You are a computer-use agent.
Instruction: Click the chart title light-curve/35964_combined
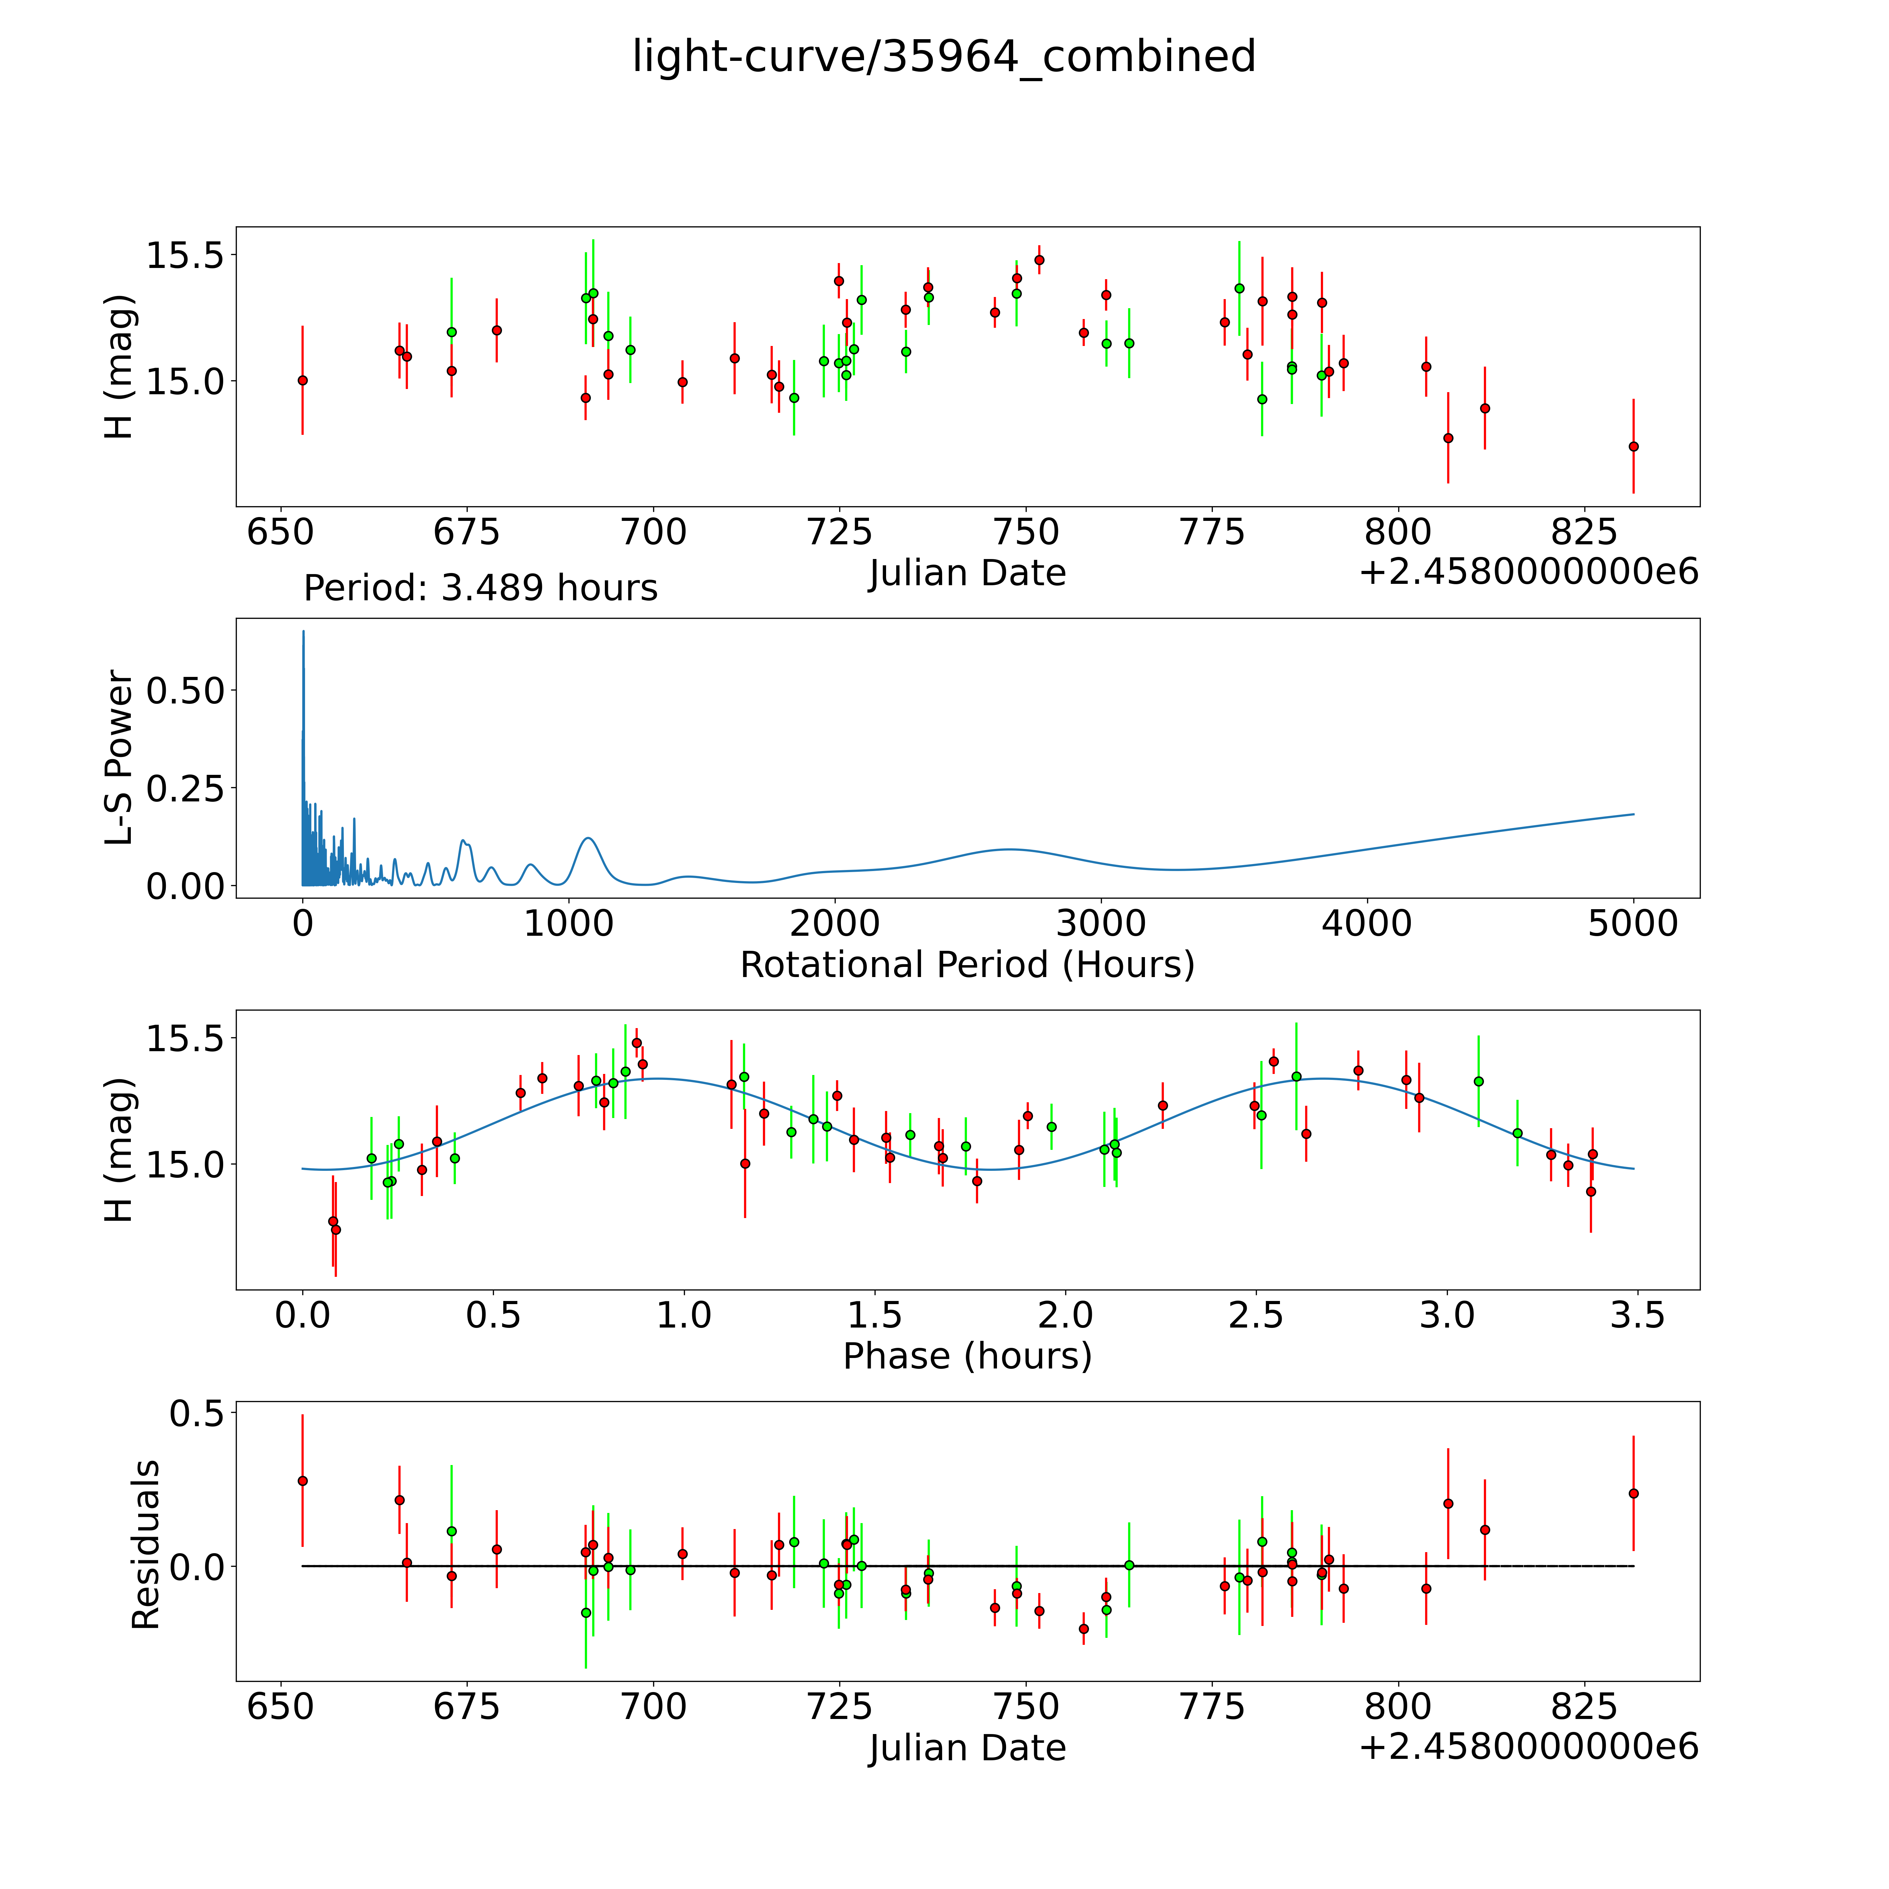(943, 57)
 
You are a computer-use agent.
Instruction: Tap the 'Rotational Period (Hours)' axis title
(967, 965)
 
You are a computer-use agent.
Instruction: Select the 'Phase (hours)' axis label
(967, 1356)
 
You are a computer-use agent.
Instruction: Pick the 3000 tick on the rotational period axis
(1101, 923)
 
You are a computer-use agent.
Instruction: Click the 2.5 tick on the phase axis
(1257, 1315)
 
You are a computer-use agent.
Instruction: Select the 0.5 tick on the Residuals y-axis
(196, 1414)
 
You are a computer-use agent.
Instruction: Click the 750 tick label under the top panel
(1026, 533)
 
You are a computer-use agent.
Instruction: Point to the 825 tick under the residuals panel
(1584, 1707)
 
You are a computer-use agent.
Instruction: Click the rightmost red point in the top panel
(1633, 447)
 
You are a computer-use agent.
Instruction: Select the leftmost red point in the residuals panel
(302, 1480)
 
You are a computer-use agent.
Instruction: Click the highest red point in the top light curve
(1039, 260)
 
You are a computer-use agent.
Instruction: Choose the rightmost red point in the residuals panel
(1633, 1493)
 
